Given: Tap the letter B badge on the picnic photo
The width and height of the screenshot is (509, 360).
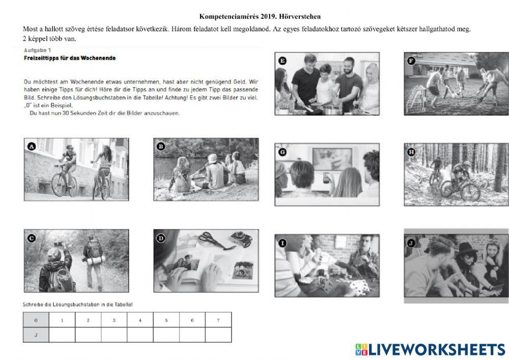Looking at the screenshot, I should click(x=161, y=147).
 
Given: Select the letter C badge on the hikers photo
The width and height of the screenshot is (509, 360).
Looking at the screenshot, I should click(x=32, y=237).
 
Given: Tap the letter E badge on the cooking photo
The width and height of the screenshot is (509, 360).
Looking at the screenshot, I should click(x=283, y=61).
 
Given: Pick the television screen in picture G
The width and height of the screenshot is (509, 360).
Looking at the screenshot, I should click(x=332, y=159).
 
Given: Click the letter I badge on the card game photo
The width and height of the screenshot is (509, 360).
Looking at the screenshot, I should click(x=282, y=243).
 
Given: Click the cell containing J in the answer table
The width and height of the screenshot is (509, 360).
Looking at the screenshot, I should click(x=36, y=335).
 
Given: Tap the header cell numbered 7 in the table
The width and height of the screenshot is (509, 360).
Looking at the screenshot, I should click(x=218, y=320).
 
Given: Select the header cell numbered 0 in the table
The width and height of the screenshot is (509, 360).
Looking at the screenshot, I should click(x=36, y=320).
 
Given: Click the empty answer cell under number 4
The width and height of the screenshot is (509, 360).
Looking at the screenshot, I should click(x=140, y=335).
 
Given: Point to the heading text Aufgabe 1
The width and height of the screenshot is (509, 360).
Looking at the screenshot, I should click(x=37, y=50).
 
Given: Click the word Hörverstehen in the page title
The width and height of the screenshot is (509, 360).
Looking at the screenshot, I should click(x=304, y=16).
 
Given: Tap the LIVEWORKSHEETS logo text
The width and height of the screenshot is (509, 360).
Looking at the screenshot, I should click(x=437, y=349).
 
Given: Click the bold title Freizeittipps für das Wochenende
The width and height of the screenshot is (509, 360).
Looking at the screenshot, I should click(x=70, y=58).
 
